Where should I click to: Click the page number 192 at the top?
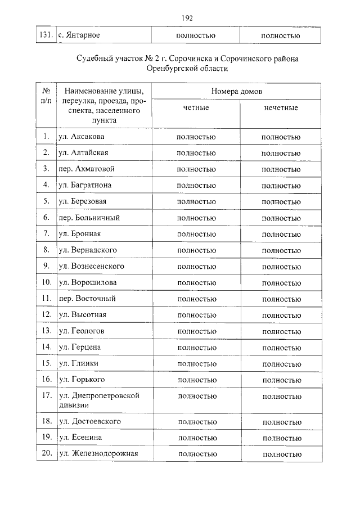[x=187, y=18]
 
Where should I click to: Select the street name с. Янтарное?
[x=79, y=35]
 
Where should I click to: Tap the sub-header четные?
[x=196, y=107]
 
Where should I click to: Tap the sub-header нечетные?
[x=281, y=107]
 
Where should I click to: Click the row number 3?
[x=46, y=169]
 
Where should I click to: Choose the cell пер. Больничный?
[x=89, y=217]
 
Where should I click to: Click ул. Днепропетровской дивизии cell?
[x=98, y=400]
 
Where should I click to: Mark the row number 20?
[x=46, y=453]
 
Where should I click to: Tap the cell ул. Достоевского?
[x=89, y=421]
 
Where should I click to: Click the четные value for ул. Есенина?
[x=196, y=438]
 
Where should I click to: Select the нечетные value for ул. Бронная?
[x=281, y=234]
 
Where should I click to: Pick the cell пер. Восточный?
[x=87, y=299]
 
